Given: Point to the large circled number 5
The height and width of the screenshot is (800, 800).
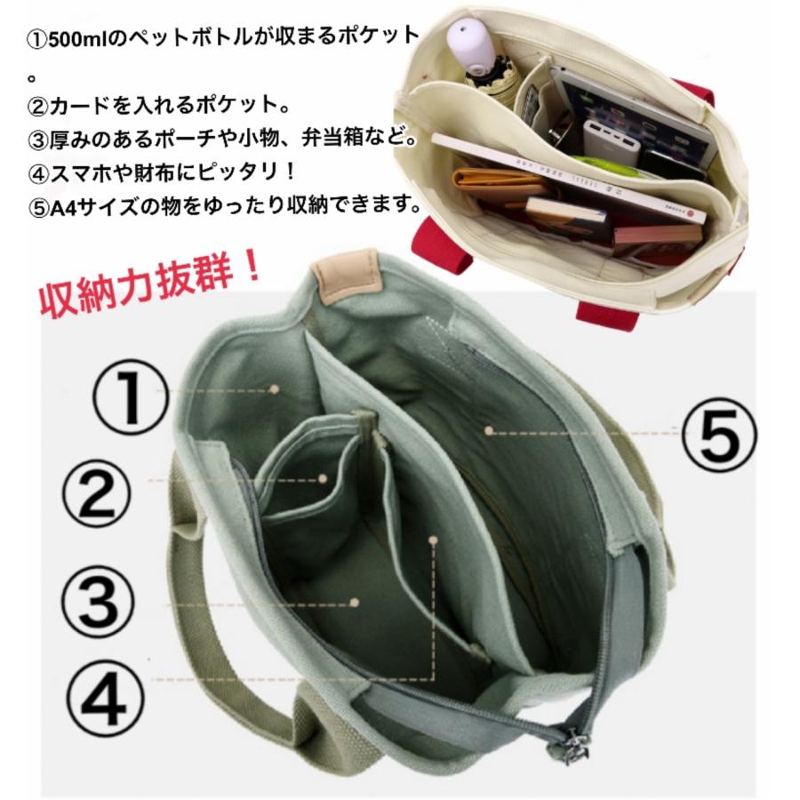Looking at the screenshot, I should pyautogui.click(x=720, y=433).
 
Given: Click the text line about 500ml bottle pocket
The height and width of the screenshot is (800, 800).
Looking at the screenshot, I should pyautogui.click(x=222, y=37).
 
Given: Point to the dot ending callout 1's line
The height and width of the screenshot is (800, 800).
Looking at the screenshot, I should pyautogui.click(x=276, y=388).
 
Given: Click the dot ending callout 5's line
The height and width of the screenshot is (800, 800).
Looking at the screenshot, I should pyautogui.click(x=487, y=430).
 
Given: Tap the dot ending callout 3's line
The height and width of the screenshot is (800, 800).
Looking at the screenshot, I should pyautogui.click(x=354, y=602).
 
